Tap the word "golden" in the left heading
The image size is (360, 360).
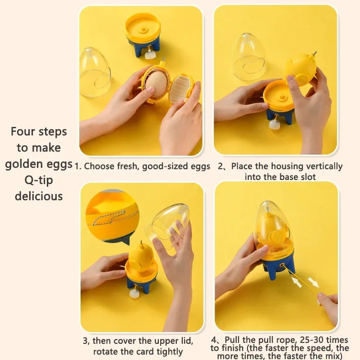(23, 164)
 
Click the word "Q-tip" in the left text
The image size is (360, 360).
(38, 180)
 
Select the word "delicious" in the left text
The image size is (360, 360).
(39, 196)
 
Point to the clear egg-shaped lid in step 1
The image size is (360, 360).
(95, 72)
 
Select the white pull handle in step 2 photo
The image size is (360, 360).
(274, 125)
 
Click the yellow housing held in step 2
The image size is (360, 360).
(301, 69)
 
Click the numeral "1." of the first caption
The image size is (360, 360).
(78, 166)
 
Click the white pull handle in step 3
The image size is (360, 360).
(134, 293)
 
